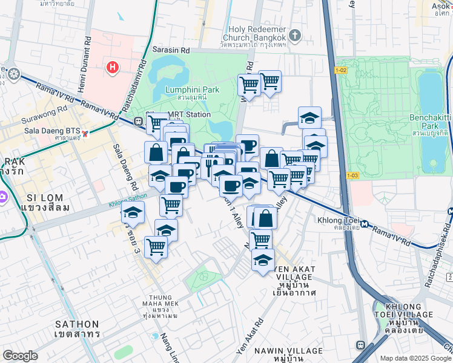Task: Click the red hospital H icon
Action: [112, 67]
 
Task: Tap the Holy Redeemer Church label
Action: [257, 33]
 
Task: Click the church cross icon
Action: [294, 34]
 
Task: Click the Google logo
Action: [20, 356]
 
